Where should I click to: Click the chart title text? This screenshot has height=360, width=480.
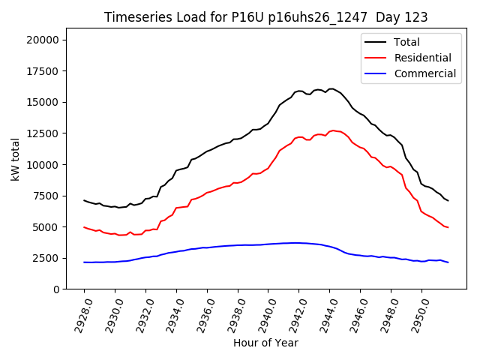[266, 17]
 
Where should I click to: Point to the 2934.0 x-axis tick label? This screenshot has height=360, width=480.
[175, 313]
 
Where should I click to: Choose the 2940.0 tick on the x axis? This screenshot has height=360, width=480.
[267, 313]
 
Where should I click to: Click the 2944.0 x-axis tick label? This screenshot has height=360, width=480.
[328, 313]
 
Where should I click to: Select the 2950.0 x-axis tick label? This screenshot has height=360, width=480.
[421, 313]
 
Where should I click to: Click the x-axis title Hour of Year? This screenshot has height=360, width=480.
[265, 343]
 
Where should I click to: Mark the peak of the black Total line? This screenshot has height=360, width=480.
[331, 88]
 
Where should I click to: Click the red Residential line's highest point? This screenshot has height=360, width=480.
[332, 130]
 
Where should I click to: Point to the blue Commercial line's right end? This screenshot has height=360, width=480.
[448, 262]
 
